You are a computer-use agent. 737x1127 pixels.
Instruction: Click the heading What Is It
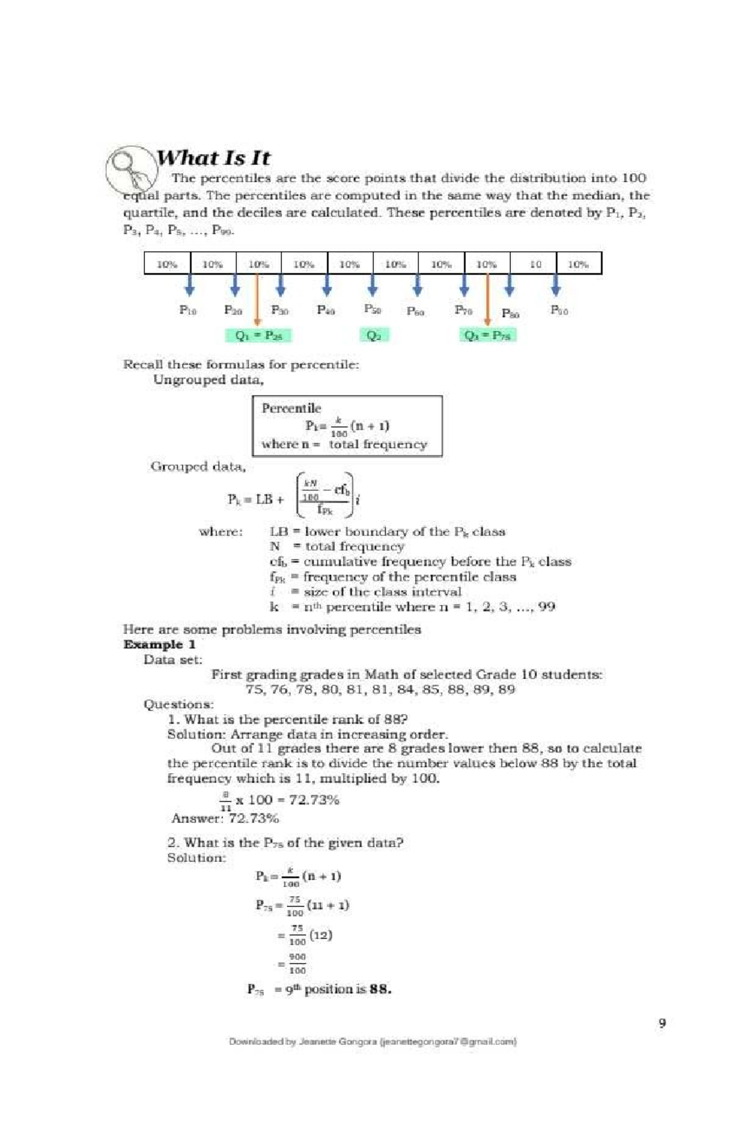coord(213,158)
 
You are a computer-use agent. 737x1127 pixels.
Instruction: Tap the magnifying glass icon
coord(131,170)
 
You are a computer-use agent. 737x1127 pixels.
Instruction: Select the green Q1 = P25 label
coord(258,335)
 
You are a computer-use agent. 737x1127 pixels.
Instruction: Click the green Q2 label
coord(373,335)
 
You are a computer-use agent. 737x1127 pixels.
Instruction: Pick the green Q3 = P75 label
coord(488,335)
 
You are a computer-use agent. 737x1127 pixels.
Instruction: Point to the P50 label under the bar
coord(372,309)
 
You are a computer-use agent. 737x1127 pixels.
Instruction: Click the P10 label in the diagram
coord(188,310)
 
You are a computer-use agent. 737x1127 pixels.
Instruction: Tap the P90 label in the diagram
coord(559,310)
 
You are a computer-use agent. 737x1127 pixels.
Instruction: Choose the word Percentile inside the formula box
coord(291,408)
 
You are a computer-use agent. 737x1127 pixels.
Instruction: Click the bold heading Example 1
coord(159,644)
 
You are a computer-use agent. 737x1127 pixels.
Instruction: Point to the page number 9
coord(661,1023)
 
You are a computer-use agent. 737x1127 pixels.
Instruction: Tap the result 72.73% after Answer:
coord(254,818)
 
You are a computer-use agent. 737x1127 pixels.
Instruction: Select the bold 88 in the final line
coord(381,989)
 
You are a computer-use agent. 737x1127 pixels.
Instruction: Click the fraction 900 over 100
coord(297,964)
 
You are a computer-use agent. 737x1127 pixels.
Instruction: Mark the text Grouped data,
coord(198,467)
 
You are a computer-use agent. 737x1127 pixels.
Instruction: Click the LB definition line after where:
coord(387,532)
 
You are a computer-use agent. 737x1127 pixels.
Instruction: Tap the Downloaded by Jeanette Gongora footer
coord(372,1042)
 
